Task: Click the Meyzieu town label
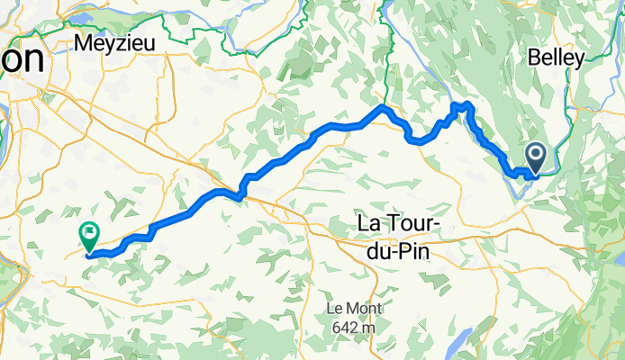[x=115, y=42]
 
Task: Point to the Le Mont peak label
[x=353, y=309]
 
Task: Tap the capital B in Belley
[x=533, y=58]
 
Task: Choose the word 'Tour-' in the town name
[x=413, y=221]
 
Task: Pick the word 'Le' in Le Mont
[x=335, y=309]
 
